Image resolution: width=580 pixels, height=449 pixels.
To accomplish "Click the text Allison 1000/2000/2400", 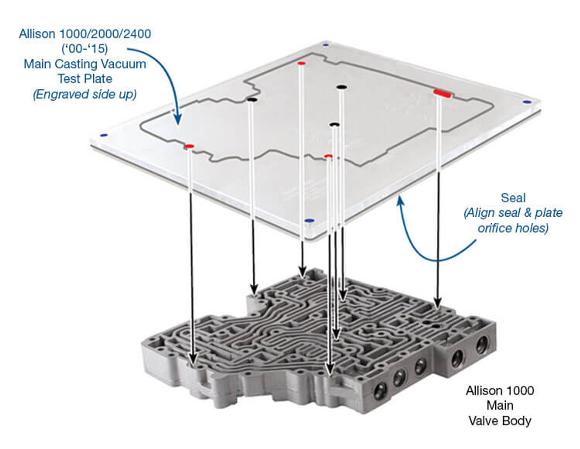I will [85, 34].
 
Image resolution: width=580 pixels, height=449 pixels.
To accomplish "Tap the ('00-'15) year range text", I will [85, 49].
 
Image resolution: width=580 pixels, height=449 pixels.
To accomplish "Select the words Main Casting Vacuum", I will [85, 63].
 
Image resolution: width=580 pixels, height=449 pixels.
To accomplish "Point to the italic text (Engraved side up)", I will [85, 94].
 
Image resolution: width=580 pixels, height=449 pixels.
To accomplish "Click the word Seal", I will [513, 198].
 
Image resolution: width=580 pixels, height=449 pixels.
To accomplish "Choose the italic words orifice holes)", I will [513, 228].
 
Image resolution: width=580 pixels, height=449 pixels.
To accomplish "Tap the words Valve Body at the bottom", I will [500, 420].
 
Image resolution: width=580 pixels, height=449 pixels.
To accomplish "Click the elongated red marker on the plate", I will [441, 93].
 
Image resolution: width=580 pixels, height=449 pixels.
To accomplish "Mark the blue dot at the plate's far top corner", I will [324, 45].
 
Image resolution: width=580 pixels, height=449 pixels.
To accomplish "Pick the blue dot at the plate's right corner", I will [526, 102].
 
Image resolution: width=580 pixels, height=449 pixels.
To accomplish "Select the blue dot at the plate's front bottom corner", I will [309, 220].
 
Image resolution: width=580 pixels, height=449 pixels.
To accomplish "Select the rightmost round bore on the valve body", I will [481, 345].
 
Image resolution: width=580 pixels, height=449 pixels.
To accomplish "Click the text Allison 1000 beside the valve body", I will [500, 390].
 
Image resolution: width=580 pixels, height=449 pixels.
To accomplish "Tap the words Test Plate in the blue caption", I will [85, 78].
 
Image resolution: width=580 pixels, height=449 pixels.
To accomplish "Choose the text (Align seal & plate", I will [513, 213].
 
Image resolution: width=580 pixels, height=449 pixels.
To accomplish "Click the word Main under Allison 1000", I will [500, 405].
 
